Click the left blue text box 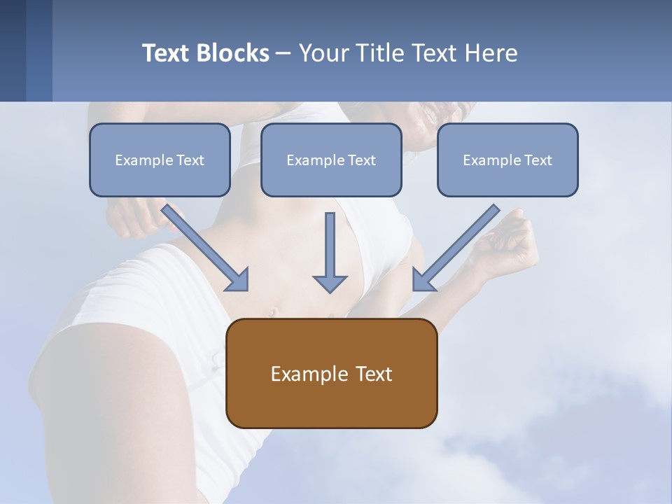pyautogui.click(x=160, y=160)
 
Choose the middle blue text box pyautogui.click(x=331, y=160)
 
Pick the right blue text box pyautogui.click(x=507, y=160)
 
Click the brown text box pyautogui.click(x=331, y=373)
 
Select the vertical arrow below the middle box pyautogui.click(x=330, y=245)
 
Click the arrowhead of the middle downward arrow pyautogui.click(x=330, y=283)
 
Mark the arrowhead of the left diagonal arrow pyautogui.click(x=238, y=280)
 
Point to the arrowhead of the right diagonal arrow pyautogui.click(x=423, y=280)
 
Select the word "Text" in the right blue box pyautogui.click(x=538, y=160)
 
